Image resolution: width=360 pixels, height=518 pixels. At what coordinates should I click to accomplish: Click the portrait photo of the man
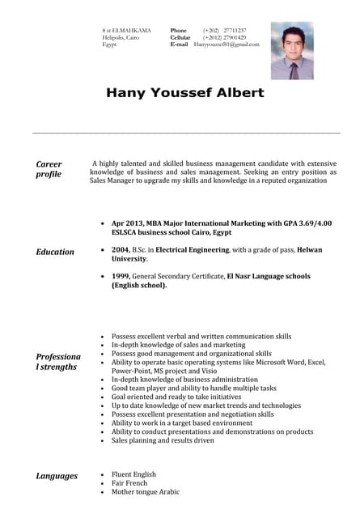click(x=292, y=50)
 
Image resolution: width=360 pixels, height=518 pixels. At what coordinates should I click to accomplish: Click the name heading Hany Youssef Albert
click(x=185, y=93)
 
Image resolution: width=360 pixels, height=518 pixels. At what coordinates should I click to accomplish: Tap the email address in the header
click(x=227, y=45)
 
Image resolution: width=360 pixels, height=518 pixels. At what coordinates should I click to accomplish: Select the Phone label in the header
click(x=179, y=30)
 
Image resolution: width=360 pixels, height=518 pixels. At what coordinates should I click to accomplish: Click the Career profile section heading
click(x=49, y=168)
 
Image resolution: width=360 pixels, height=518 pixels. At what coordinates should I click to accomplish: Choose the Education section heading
click(x=55, y=252)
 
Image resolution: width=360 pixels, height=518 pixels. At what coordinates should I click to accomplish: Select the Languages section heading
click(x=57, y=476)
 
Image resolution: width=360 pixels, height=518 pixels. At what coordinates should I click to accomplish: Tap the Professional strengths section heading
click(x=58, y=361)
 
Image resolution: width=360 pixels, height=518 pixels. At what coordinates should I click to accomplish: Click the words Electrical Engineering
click(x=193, y=250)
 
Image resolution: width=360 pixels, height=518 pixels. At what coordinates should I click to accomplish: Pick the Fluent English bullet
click(x=134, y=474)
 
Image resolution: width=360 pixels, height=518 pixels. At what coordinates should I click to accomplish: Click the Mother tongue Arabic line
click(x=145, y=492)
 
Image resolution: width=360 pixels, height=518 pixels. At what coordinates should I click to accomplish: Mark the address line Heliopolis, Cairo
click(x=120, y=37)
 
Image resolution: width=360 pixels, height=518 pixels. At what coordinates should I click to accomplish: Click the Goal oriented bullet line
click(x=176, y=397)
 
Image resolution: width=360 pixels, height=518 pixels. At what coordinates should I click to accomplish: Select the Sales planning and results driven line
click(x=163, y=440)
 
